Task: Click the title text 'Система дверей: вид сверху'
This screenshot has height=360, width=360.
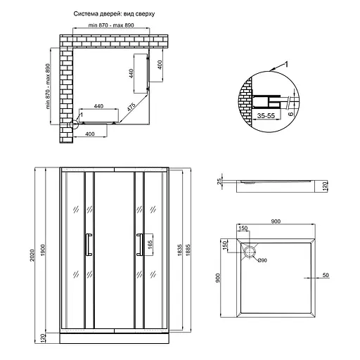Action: [x=114, y=14]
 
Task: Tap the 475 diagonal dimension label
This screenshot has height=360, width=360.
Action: [x=131, y=107]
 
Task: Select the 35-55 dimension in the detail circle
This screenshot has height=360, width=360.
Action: [x=266, y=115]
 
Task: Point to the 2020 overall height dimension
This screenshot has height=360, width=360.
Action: [x=32, y=255]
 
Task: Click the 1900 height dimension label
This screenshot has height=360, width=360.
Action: [x=43, y=250]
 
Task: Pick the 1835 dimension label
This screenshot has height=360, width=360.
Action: [x=180, y=250]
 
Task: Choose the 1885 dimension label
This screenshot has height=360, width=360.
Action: [x=188, y=250]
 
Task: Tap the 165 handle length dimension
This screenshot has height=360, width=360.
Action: [x=150, y=245]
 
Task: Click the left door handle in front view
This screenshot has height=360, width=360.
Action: [x=89, y=244]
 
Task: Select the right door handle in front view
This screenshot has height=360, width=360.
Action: [x=139, y=244]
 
